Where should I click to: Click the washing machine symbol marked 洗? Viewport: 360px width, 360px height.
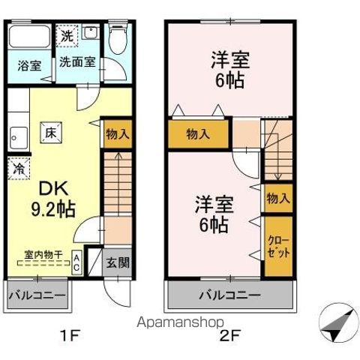coord(67,35)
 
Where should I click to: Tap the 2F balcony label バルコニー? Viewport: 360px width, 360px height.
coord(229,294)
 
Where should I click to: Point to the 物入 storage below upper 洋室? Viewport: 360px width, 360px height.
coord(198,134)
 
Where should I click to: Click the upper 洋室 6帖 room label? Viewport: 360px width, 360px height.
coord(230,69)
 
